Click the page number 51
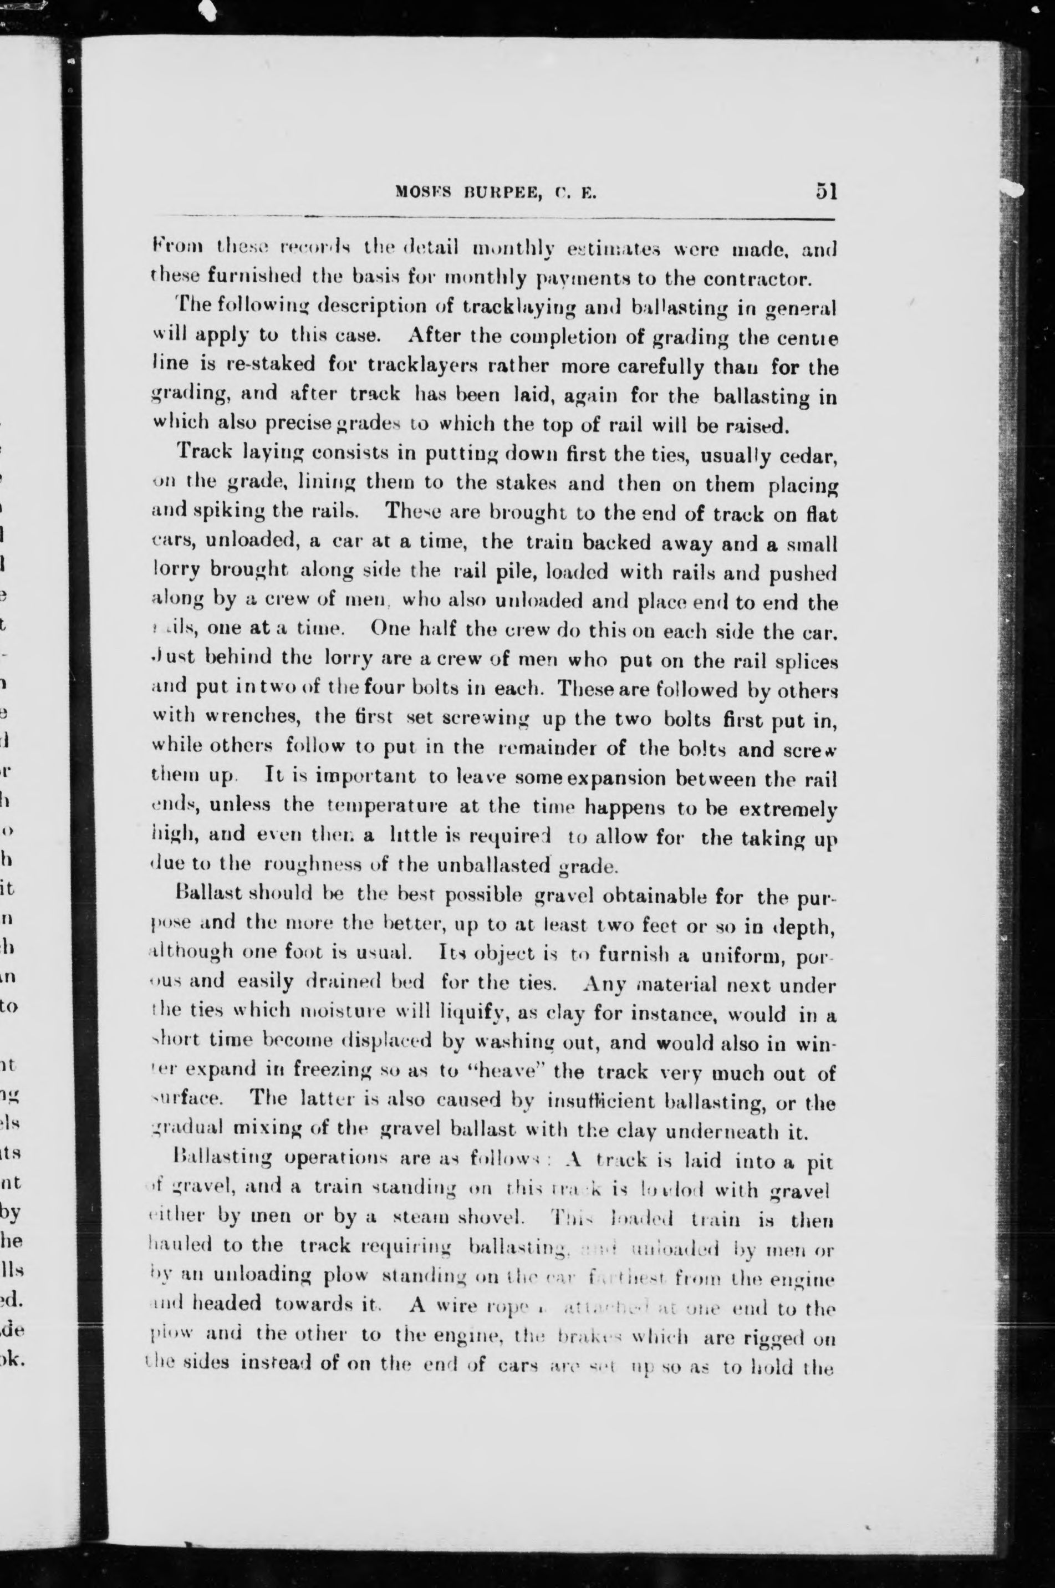click(825, 192)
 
